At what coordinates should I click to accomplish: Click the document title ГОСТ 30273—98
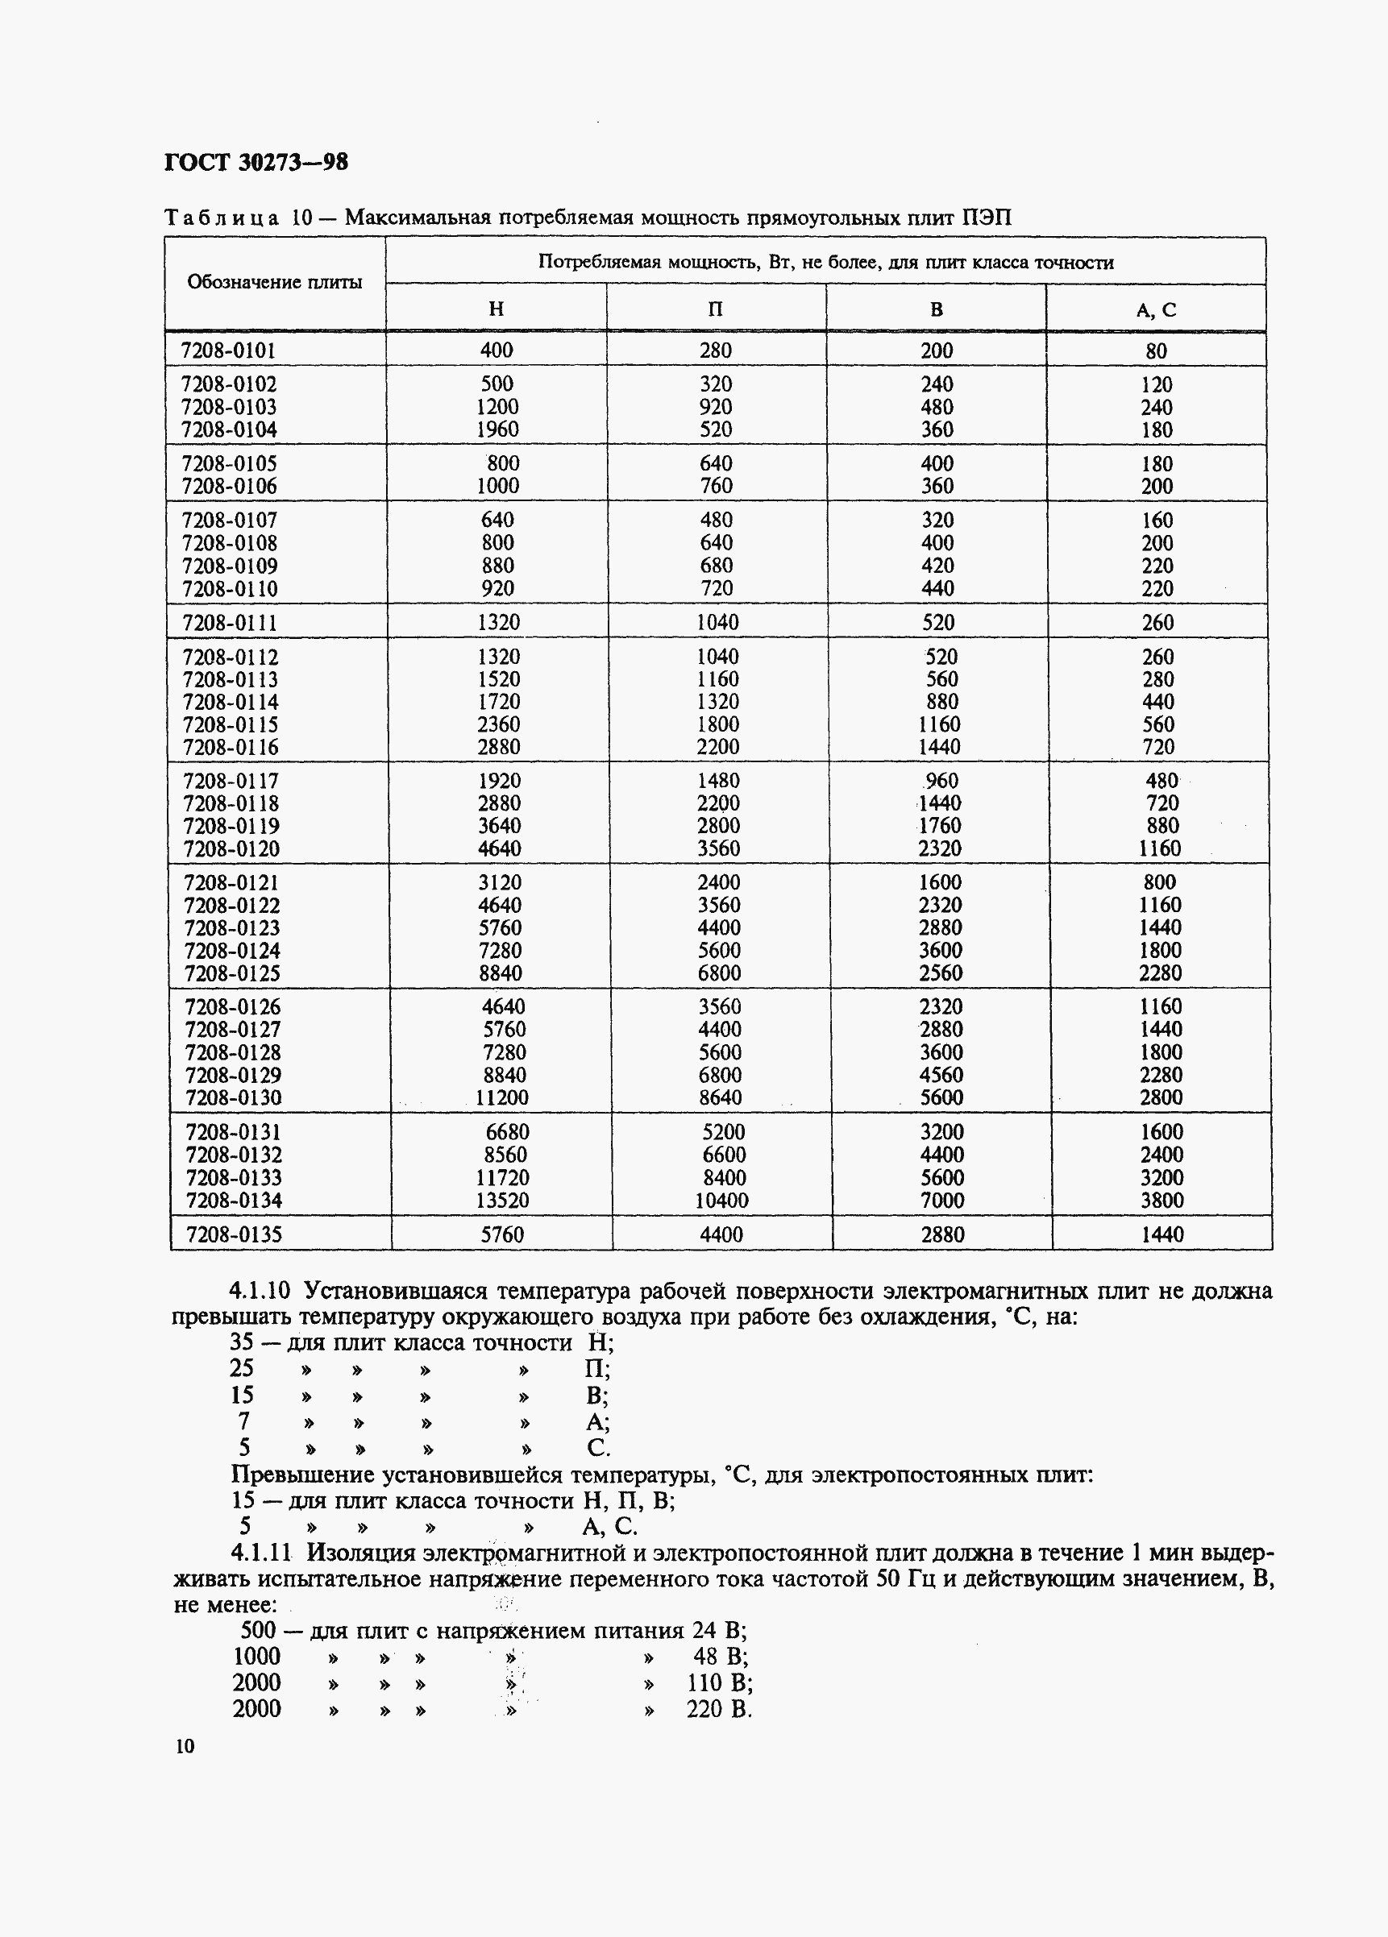click(256, 161)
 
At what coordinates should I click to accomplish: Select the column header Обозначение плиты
click(274, 283)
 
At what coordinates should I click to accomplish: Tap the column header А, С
click(1156, 310)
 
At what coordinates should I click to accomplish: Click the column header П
click(716, 309)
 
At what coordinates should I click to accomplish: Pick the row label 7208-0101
click(228, 350)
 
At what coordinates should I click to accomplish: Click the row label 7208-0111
click(230, 623)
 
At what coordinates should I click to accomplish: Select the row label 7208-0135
click(233, 1234)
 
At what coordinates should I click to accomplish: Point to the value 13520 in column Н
click(502, 1201)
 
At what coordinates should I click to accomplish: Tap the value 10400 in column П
click(721, 1201)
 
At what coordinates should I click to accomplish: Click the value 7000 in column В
click(942, 1201)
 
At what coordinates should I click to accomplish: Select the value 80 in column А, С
click(1157, 351)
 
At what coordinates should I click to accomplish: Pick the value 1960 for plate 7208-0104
click(497, 429)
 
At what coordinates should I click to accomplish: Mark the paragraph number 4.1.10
click(260, 1291)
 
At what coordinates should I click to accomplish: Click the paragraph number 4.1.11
click(261, 1552)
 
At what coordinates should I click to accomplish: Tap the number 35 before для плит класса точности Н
click(242, 1342)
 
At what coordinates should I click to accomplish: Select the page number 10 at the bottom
click(185, 1746)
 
